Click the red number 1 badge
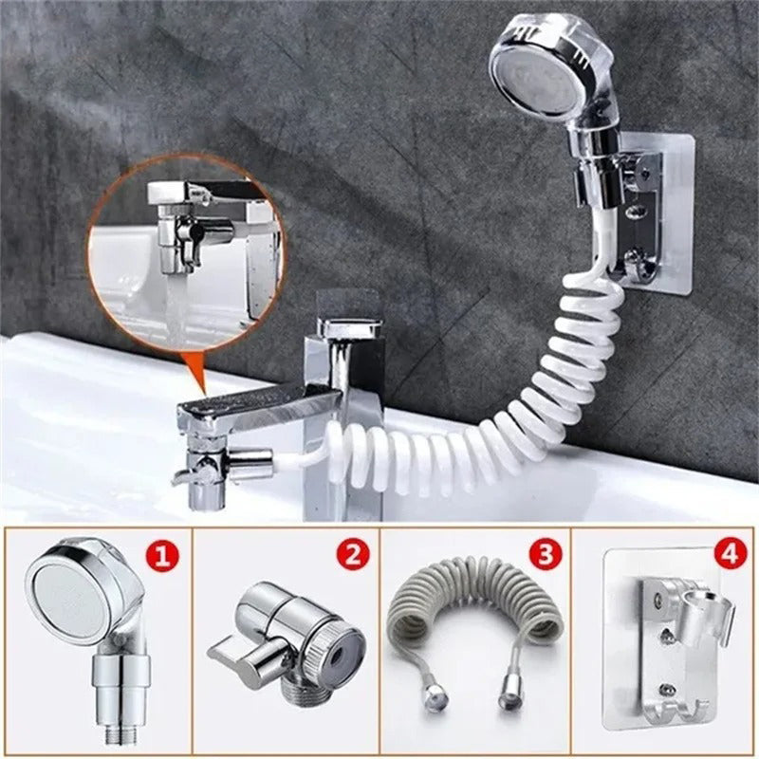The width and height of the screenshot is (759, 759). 162,556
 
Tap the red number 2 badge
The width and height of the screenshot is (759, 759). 353,555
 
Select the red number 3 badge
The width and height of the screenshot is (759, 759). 545,555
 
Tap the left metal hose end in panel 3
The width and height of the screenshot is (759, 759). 435,697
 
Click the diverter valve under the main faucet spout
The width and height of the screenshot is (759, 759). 209,467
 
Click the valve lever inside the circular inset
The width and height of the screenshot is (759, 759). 193,233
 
